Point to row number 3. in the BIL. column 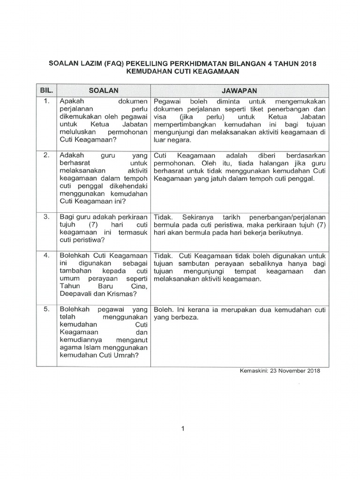[x=46, y=217]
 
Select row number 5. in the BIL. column [x=46, y=310]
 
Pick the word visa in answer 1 [x=159, y=117]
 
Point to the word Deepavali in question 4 [x=75, y=294]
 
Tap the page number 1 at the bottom [x=183, y=428]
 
